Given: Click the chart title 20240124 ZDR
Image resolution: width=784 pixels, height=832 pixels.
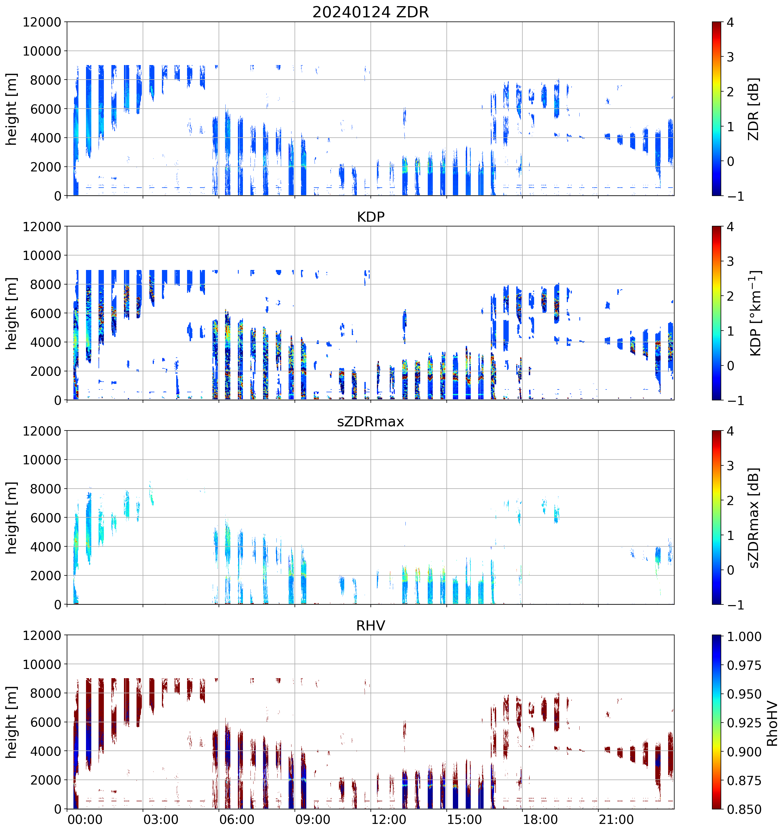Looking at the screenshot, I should (371, 12).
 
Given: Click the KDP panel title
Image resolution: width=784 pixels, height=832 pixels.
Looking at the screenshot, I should (371, 217).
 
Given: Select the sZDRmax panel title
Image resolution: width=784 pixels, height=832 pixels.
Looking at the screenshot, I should (371, 421).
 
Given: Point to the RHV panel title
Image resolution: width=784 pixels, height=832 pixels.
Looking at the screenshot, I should (371, 626).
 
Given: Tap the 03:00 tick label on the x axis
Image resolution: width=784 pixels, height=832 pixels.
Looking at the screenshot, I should (161, 819).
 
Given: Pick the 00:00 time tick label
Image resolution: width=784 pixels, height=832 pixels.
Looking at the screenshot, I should (85, 819).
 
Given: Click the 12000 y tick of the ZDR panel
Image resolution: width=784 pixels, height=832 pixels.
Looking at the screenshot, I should (42, 22).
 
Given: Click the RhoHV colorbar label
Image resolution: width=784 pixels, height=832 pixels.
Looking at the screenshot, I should (772, 724).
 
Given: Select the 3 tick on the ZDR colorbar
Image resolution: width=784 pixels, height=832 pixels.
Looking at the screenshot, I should (730, 57).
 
